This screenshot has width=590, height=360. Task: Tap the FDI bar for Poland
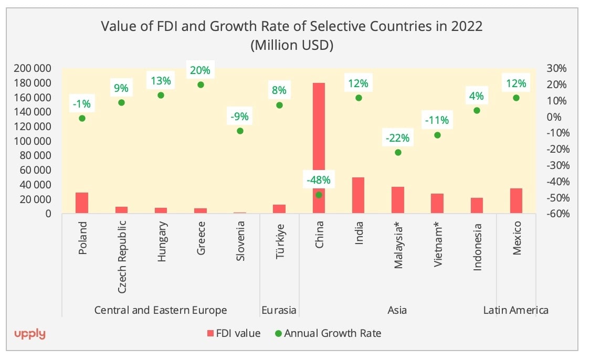(82, 203)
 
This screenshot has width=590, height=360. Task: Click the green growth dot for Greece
(201, 84)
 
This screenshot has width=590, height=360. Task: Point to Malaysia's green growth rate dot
(398, 152)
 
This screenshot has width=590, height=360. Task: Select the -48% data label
(319, 180)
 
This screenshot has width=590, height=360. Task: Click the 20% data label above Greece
(200, 70)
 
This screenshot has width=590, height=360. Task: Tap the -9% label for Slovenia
(240, 116)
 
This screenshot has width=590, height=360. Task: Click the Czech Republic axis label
(122, 257)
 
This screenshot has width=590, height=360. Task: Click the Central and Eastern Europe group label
(161, 310)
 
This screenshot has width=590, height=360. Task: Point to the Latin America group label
(515, 310)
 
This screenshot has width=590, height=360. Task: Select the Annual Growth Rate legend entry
(328, 333)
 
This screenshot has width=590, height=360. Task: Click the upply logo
(29, 334)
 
